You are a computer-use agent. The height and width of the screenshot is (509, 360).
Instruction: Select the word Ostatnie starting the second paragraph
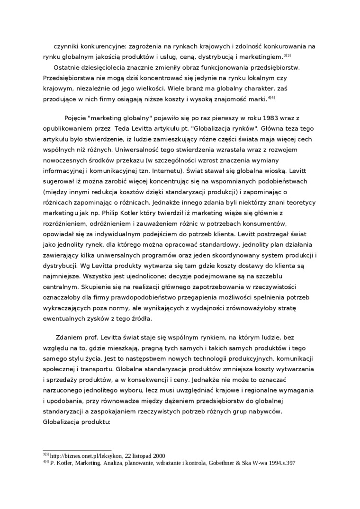point(69,68)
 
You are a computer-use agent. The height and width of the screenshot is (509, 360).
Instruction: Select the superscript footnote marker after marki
point(271,98)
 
